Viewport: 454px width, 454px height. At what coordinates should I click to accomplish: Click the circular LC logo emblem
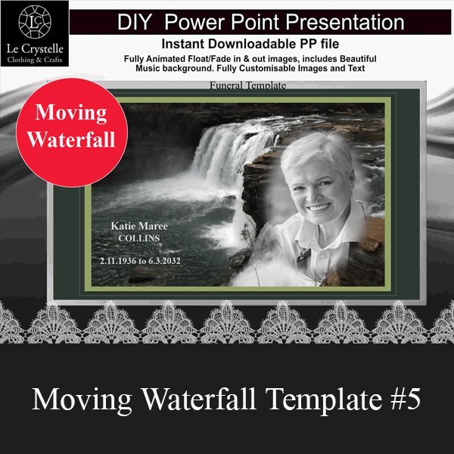point(35,22)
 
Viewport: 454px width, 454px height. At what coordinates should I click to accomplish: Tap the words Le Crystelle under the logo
point(35,48)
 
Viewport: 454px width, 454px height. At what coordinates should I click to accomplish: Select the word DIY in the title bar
point(135,22)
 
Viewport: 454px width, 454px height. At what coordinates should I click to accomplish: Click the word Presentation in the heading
point(345,22)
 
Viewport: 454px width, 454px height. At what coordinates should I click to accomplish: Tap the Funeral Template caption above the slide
point(248,86)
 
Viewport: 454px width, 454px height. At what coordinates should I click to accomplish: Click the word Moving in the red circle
point(71,113)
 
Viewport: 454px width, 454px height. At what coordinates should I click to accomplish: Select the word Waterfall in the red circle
point(71,139)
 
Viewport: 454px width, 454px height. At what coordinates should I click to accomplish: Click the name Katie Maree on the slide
point(139,225)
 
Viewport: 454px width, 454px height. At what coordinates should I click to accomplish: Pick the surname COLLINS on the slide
point(139,238)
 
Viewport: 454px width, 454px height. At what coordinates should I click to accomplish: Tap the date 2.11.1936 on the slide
point(118,261)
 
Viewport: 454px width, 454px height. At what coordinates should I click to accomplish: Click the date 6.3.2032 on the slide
point(165,261)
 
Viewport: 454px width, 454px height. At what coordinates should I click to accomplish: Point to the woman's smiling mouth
point(319,207)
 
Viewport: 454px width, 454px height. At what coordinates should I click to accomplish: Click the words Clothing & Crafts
point(35,60)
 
